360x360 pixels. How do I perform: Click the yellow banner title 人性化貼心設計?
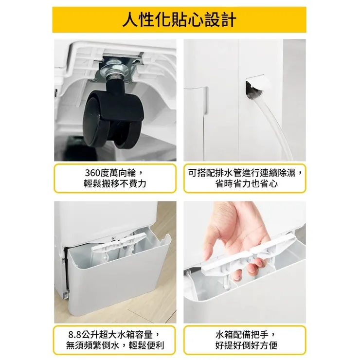click(180, 20)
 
